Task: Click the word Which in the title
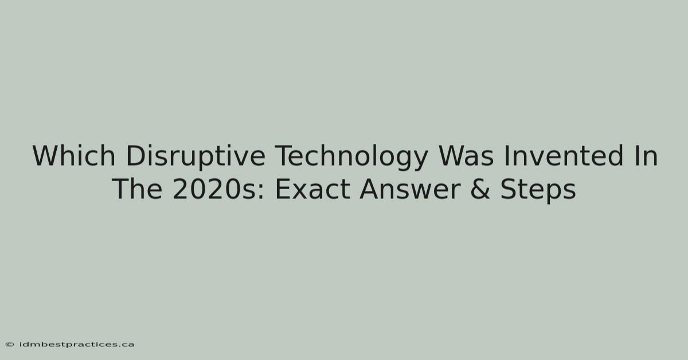click(74, 156)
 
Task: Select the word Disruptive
click(196, 157)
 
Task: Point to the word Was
click(466, 156)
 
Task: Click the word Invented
click(564, 156)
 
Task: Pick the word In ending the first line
click(646, 156)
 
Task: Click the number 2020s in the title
click(214, 189)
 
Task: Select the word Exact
click(312, 189)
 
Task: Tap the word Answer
click(410, 189)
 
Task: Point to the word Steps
click(538, 190)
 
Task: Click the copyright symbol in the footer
click(10, 345)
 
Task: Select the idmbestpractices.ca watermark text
click(77, 345)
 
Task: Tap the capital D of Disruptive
click(136, 156)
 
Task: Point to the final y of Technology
click(420, 162)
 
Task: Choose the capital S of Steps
click(509, 189)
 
